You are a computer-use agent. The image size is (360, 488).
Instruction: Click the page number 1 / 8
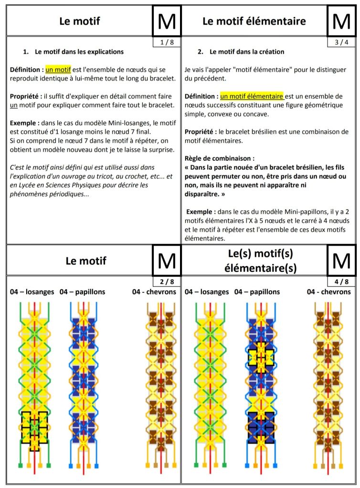(167, 42)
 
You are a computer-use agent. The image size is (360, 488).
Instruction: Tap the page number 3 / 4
(341, 42)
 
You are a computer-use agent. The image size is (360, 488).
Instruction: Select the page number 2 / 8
(167, 282)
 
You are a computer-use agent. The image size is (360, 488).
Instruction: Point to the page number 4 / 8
(341, 282)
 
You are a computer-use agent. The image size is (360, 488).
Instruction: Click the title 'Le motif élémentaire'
(254, 21)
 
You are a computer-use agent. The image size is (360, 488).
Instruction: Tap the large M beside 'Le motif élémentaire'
(341, 21)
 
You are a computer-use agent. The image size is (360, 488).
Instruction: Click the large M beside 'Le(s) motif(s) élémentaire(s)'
(341, 260)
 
